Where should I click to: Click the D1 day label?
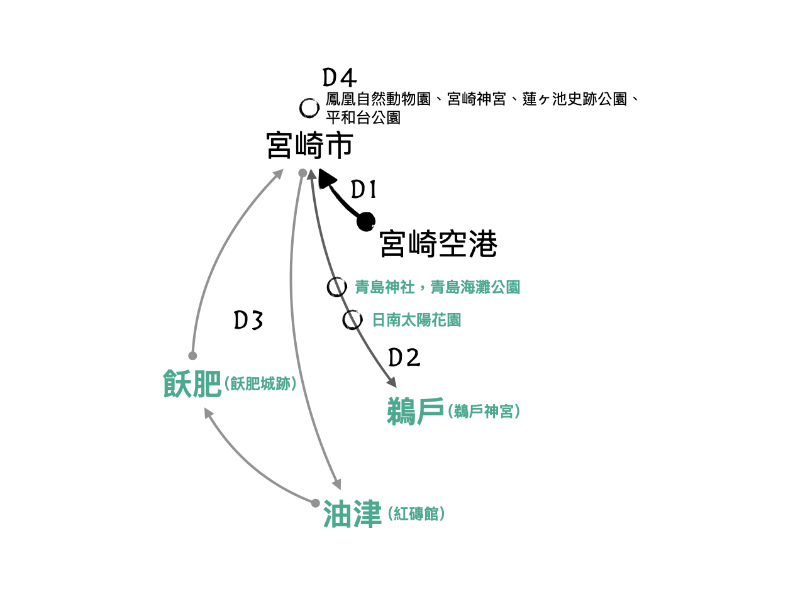pyautogui.click(x=363, y=189)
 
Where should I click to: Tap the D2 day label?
pyautogui.click(x=404, y=358)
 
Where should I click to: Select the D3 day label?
pyautogui.click(x=248, y=320)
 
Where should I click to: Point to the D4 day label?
pyautogui.click(x=340, y=78)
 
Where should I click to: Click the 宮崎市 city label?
pyautogui.click(x=309, y=146)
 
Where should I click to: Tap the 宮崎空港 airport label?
pyautogui.click(x=438, y=244)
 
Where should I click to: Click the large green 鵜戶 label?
pyautogui.click(x=416, y=412)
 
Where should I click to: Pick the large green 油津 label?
pyautogui.click(x=352, y=515)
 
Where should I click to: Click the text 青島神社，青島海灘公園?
pyautogui.click(x=437, y=287)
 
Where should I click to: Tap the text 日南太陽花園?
pyautogui.click(x=416, y=320)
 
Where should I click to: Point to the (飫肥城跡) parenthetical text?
pyautogui.click(x=260, y=383)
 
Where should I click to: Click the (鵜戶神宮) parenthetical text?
pyautogui.click(x=484, y=412)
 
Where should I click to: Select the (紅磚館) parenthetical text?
pyautogui.click(x=417, y=514)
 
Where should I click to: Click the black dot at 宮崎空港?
pyautogui.click(x=365, y=221)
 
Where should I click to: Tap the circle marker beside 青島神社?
pyautogui.click(x=336, y=287)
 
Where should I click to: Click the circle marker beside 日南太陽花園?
pyautogui.click(x=352, y=320)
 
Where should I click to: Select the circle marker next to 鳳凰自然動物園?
pyautogui.click(x=309, y=108)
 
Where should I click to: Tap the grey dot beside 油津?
pyautogui.click(x=316, y=502)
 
